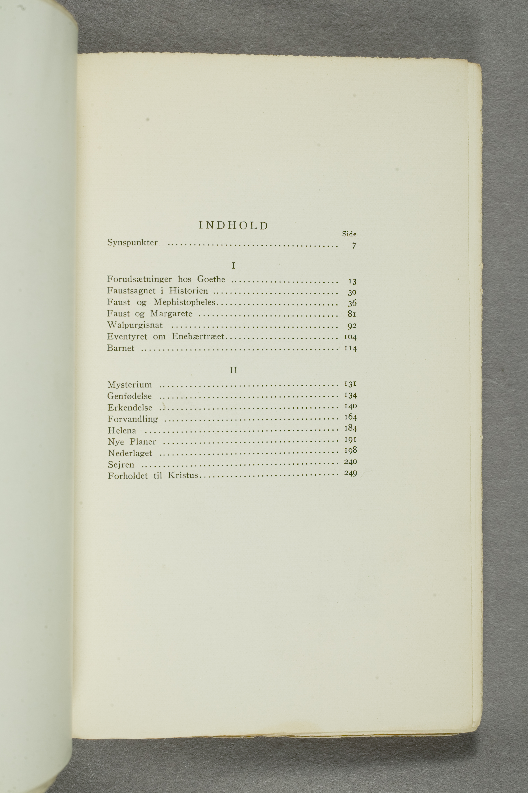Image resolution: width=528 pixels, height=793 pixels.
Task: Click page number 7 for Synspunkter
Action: tap(354, 246)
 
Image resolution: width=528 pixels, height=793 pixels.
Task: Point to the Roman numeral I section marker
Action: tap(233, 266)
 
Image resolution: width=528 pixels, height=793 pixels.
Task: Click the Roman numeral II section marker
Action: tap(233, 370)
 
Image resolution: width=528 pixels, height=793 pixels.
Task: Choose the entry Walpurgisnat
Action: tap(135, 325)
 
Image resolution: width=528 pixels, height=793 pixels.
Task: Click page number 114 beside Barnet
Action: tap(350, 348)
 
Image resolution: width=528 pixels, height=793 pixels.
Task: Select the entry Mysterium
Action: tap(130, 385)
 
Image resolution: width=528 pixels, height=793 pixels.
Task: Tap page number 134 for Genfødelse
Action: tap(350, 395)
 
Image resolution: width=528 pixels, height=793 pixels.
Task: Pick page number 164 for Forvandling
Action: tap(350, 417)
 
